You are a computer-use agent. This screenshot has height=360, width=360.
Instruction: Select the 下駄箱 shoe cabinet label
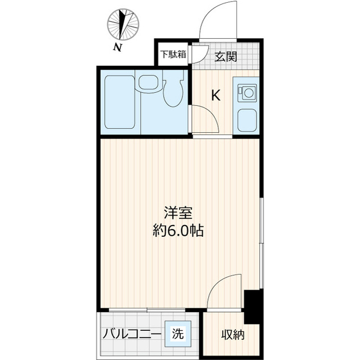pyautogui.click(x=172, y=55)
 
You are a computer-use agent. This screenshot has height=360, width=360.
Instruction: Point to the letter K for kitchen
pyautogui.click(x=215, y=96)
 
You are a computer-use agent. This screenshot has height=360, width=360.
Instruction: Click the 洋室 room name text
pyautogui.click(x=179, y=213)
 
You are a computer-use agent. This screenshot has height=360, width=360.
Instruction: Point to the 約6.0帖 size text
pyautogui.click(x=179, y=230)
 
